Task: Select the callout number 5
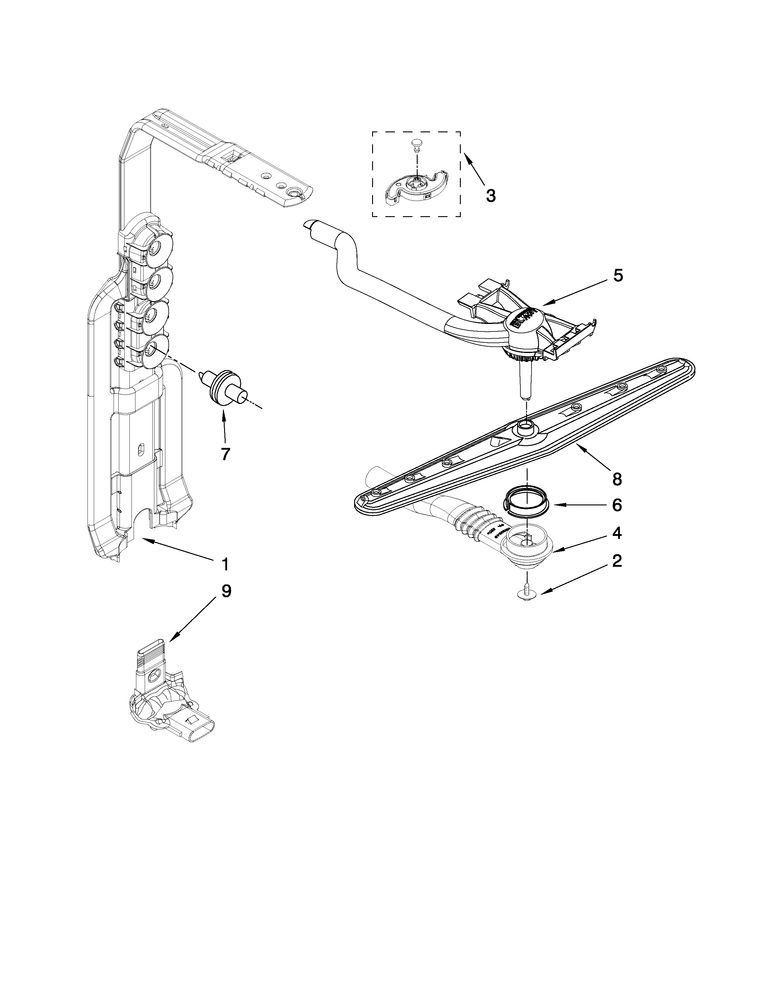(617, 275)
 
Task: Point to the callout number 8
(617, 479)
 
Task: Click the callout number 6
(617, 505)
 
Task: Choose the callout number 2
(617, 561)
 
